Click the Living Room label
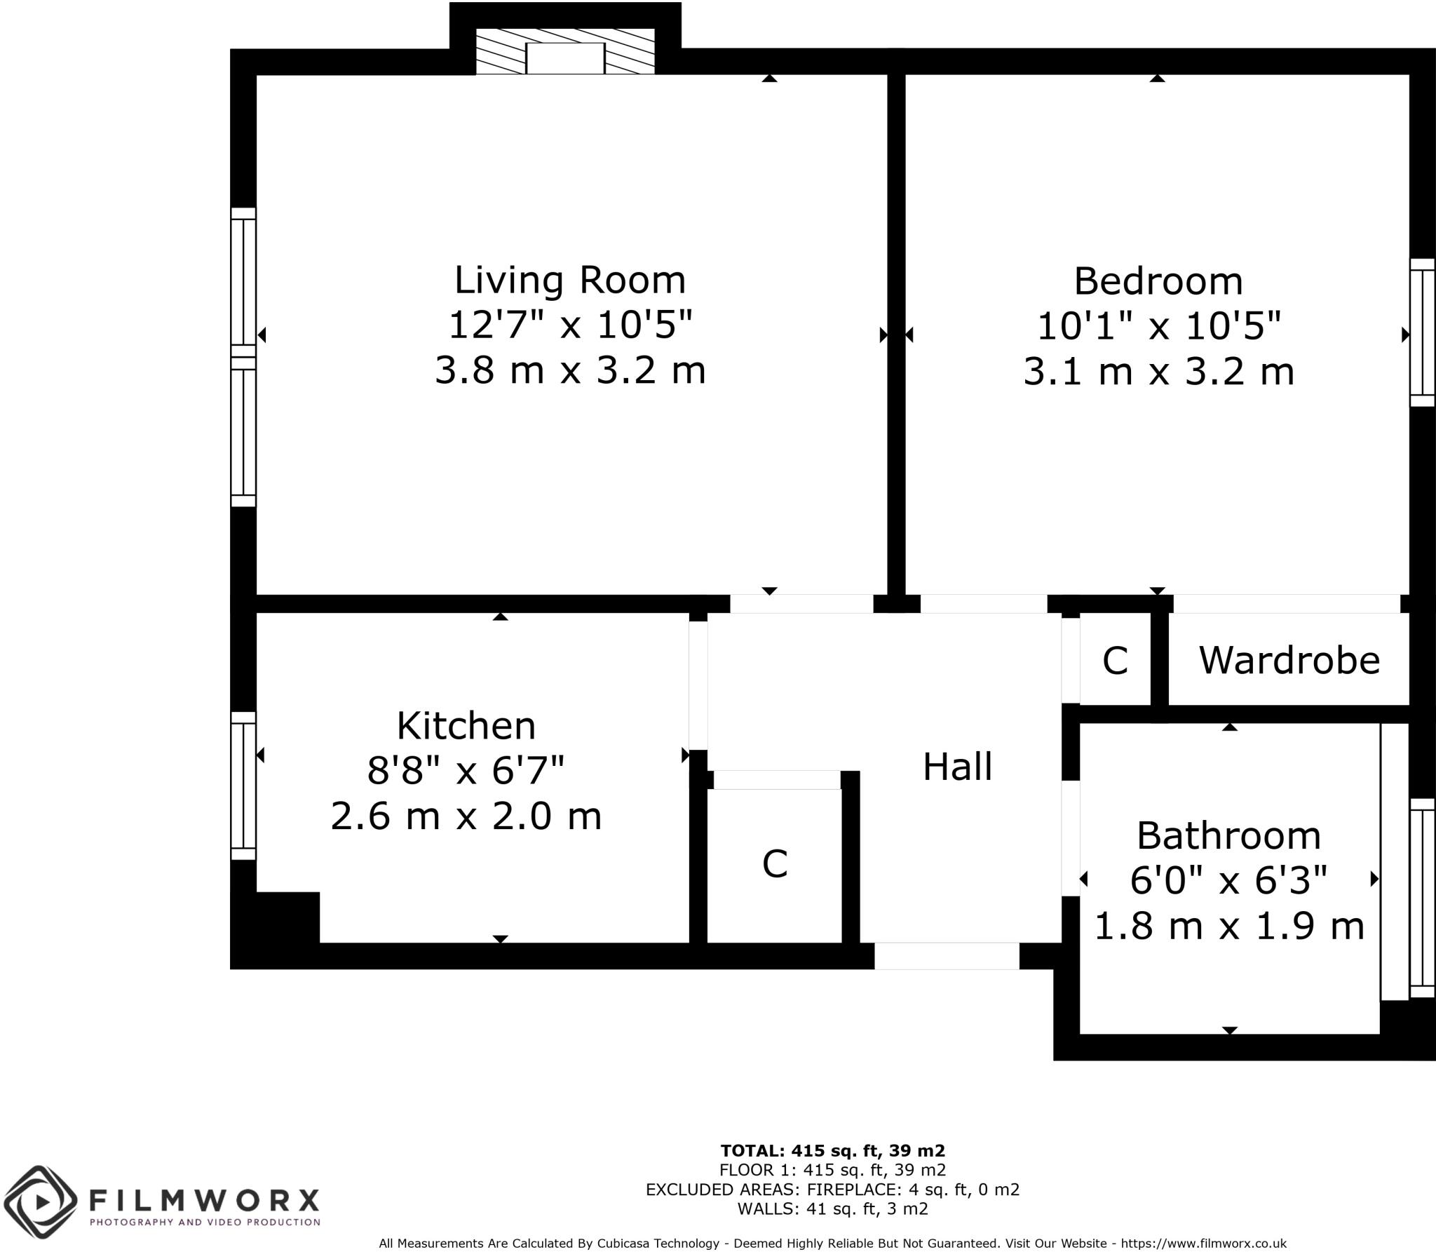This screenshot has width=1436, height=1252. (x=569, y=280)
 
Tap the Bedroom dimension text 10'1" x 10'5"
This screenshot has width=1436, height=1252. (x=1158, y=325)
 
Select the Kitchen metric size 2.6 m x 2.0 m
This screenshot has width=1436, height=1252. (x=466, y=816)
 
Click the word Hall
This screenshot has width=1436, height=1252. (x=957, y=767)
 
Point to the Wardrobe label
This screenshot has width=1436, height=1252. (x=1289, y=660)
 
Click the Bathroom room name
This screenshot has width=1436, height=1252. (x=1228, y=835)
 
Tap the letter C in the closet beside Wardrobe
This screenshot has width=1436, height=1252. (x=1115, y=660)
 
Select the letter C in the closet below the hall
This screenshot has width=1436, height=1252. (x=775, y=863)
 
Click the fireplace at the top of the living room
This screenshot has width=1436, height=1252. (x=565, y=52)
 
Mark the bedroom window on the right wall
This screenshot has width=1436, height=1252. (x=1423, y=332)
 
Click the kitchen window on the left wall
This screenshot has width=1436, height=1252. (x=243, y=786)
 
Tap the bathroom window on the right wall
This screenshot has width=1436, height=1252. (x=1423, y=898)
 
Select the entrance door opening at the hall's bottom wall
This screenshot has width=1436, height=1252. (x=946, y=956)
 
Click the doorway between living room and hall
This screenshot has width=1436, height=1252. (x=801, y=603)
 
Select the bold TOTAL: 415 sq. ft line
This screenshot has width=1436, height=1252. (x=832, y=1150)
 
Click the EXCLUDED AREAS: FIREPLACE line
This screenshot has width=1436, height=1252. (x=832, y=1189)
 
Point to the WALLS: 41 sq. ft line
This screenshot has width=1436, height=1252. (x=832, y=1209)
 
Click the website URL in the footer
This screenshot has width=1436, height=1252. (x=1203, y=1243)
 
